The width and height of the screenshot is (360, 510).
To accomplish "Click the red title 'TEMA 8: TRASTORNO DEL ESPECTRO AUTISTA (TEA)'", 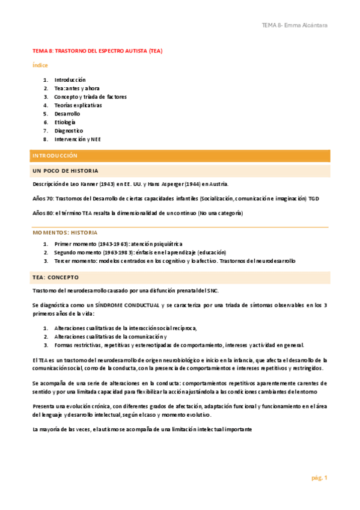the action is pyautogui.click(x=97, y=51).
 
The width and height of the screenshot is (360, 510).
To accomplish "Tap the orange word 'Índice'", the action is pyautogui.click(x=40, y=65).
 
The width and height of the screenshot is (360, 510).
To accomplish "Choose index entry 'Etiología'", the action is pyautogui.click(x=65, y=122).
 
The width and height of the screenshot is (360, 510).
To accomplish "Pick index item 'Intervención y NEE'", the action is pyautogui.click(x=78, y=139).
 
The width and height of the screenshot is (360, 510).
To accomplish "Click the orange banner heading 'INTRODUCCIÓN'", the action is pyautogui.click(x=55, y=156).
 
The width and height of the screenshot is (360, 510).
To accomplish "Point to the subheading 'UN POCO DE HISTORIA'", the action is pyautogui.click(x=66, y=171).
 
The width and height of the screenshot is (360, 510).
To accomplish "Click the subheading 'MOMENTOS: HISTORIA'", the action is pyautogui.click(x=64, y=232).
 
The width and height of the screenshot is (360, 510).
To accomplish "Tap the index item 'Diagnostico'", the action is pyautogui.click(x=69, y=131).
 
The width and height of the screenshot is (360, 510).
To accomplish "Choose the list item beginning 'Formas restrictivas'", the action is pyautogui.click(x=196, y=345).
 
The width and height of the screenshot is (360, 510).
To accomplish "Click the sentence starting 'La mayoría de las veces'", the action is pyautogui.click(x=142, y=429).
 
